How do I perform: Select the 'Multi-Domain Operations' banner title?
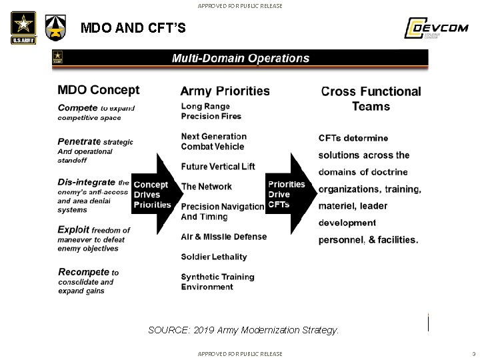241,58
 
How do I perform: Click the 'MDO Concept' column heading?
99,90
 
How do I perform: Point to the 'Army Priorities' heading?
225,91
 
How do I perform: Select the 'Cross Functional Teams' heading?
371,99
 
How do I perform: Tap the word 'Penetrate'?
79,141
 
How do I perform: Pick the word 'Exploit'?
73,230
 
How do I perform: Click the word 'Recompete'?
83,272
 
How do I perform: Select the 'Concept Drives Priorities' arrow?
153,195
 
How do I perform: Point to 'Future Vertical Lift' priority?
218,166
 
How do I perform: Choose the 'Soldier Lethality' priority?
214,257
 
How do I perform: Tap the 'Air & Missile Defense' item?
223,237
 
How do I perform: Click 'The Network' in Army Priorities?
207,187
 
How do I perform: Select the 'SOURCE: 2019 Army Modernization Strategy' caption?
243,330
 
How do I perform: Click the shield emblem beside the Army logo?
55,28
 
